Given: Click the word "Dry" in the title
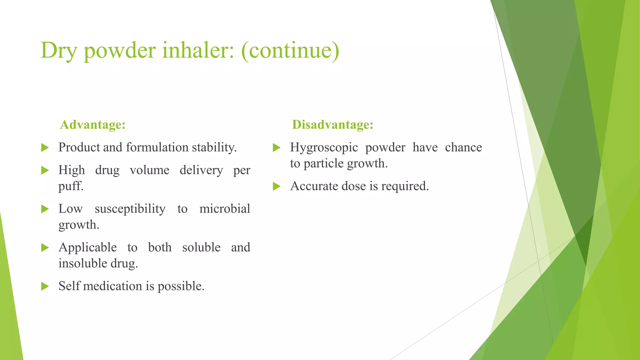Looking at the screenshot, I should click(58, 51).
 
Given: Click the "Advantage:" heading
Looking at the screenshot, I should click(93, 125).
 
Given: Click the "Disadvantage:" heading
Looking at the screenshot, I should click(332, 125).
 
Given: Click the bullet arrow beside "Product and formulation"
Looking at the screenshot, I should click(45, 147).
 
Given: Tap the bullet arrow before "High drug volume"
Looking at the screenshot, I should click(45, 170).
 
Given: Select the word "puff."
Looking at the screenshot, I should click(71, 186).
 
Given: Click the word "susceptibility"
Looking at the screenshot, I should click(130, 209).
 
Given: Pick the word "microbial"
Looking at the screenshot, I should click(225, 209).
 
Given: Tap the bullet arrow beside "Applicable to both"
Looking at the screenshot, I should click(45, 248).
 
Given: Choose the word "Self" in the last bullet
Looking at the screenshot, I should click(69, 286).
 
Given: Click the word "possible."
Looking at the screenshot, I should click(181, 286).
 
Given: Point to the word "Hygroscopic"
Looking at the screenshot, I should click(324, 147).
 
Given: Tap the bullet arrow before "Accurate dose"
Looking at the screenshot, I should click(277, 187).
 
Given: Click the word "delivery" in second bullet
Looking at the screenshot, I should click(201, 170).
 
